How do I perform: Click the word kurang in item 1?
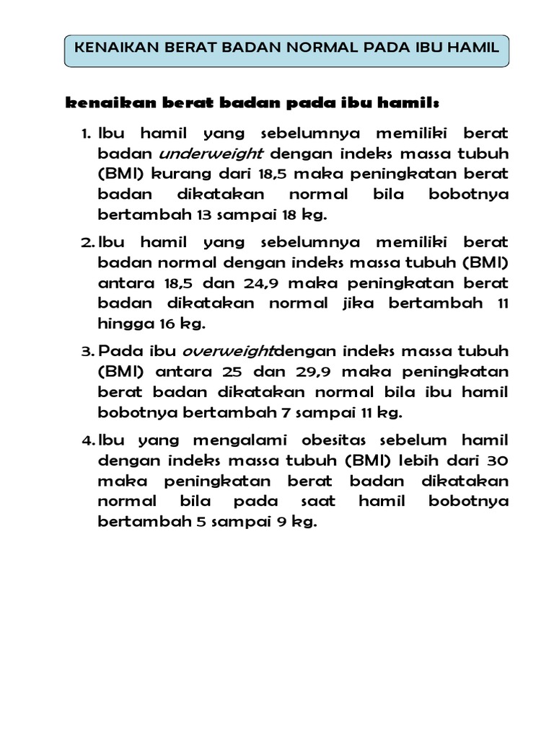click(177, 174)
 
